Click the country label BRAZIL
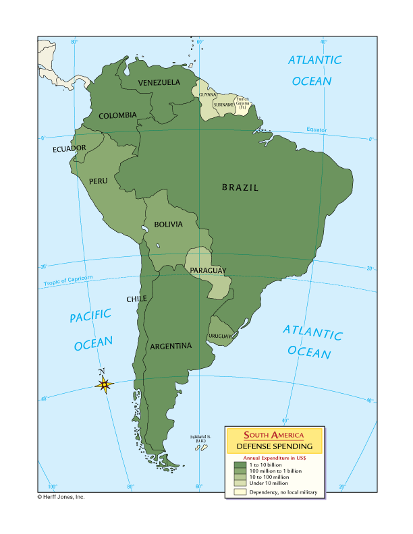click(x=240, y=188)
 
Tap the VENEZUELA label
click(x=159, y=82)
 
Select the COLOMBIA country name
click(x=117, y=115)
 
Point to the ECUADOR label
click(x=70, y=148)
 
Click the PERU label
click(x=98, y=181)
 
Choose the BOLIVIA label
click(x=167, y=225)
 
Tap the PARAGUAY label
click(x=207, y=270)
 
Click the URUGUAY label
click(x=221, y=336)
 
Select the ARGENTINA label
click(x=171, y=346)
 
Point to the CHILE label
click(x=136, y=299)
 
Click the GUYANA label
click(x=208, y=94)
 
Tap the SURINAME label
click(x=224, y=105)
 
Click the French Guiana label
click(x=242, y=102)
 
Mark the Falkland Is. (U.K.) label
click(x=201, y=439)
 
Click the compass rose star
click(x=104, y=384)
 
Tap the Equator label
click(x=316, y=129)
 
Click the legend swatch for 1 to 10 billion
click(x=240, y=465)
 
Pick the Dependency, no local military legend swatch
click(x=240, y=492)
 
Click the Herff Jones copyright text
click(x=61, y=496)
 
